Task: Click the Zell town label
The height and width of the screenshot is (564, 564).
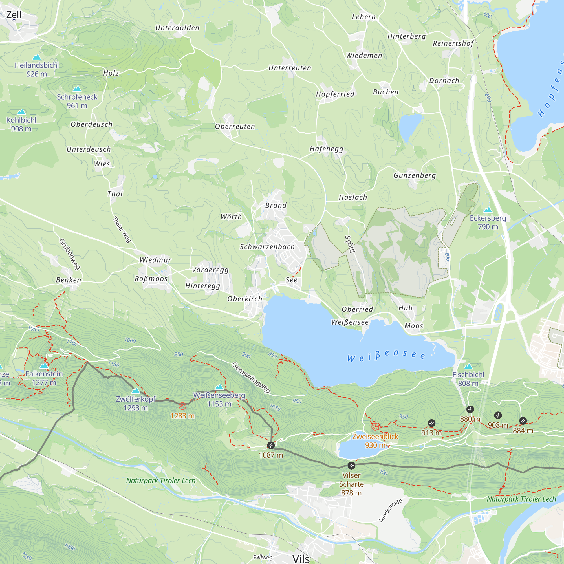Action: click(x=14, y=15)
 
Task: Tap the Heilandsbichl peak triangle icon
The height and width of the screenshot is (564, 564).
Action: click(x=37, y=57)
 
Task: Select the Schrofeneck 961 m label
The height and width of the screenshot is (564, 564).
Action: click(x=77, y=101)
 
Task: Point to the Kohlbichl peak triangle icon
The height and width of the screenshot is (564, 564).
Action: click(x=21, y=112)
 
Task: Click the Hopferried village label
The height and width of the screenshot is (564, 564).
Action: click(x=335, y=94)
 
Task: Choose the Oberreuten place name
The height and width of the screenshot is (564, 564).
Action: click(x=235, y=126)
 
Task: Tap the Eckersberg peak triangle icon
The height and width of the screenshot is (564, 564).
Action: click(x=488, y=210)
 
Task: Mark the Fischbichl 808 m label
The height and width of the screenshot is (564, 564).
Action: click(x=468, y=379)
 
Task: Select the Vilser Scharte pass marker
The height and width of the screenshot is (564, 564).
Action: click(x=351, y=466)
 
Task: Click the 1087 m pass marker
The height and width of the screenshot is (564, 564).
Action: click(x=271, y=446)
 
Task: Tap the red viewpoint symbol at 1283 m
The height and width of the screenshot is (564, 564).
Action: click(x=182, y=406)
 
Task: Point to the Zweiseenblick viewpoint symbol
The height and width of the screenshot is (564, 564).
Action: click(x=375, y=427)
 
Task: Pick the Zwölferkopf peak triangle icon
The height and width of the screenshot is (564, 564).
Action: click(x=135, y=391)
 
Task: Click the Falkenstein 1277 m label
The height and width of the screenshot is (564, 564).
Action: click(x=44, y=378)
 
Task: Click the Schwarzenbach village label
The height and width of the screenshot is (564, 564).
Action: click(x=267, y=247)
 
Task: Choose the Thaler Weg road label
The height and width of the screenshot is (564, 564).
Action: click(x=122, y=230)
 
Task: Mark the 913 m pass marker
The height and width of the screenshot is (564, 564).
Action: click(x=431, y=423)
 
